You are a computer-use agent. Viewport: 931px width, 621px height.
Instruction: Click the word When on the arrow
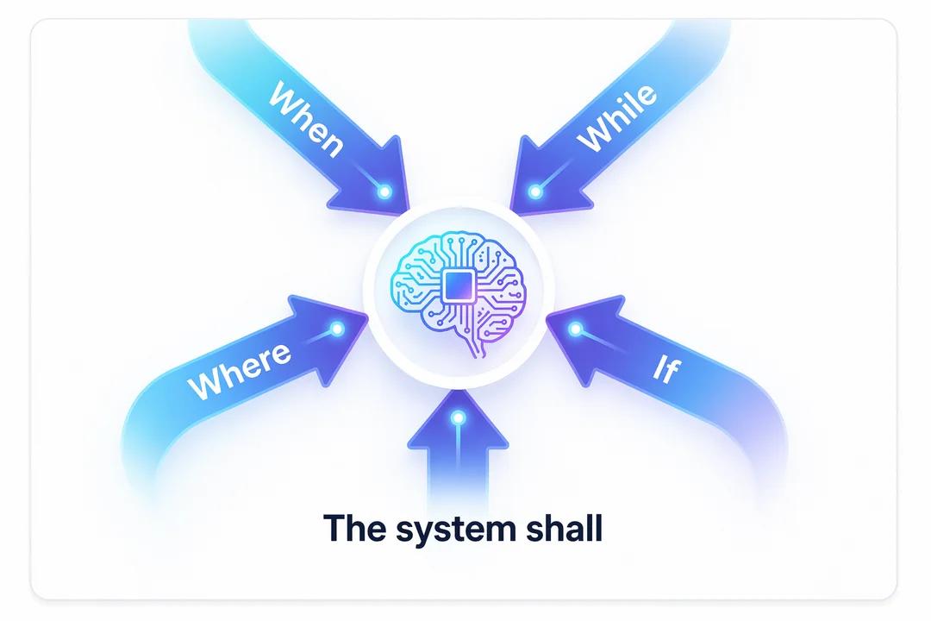pyautogui.click(x=306, y=119)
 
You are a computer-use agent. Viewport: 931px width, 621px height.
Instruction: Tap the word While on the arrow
pyautogui.click(x=617, y=117)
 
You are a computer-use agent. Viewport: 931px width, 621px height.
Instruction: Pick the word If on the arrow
pyautogui.click(x=665, y=369)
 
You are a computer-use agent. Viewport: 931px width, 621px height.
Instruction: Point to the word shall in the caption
pyautogui.click(x=564, y=527)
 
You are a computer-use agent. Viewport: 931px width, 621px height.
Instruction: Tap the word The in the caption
pyautogui.click(x=353, y=527)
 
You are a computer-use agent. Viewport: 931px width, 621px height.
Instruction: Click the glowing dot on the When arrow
pyautogui.click(x=384, y=191)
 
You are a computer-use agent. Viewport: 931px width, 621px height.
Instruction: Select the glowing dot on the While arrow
pyautogui.click(x=535, y=191)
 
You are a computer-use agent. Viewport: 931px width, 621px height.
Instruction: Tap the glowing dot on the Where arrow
pyautogui.click(x=337, y=329)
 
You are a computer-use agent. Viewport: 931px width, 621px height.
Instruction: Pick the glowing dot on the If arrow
pyautogui.click(x=575, y=329)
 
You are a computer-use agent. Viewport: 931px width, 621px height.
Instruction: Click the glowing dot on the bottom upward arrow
pyautogui.click(x=457, y=418)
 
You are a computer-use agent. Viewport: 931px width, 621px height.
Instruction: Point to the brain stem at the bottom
pyautogui.click(x=475, y=345)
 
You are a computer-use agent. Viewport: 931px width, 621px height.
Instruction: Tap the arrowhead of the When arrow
pyautogui.click(x=373, y=179)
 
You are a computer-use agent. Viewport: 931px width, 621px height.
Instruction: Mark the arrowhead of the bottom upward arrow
pyautogui.click(x=458, y=422)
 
